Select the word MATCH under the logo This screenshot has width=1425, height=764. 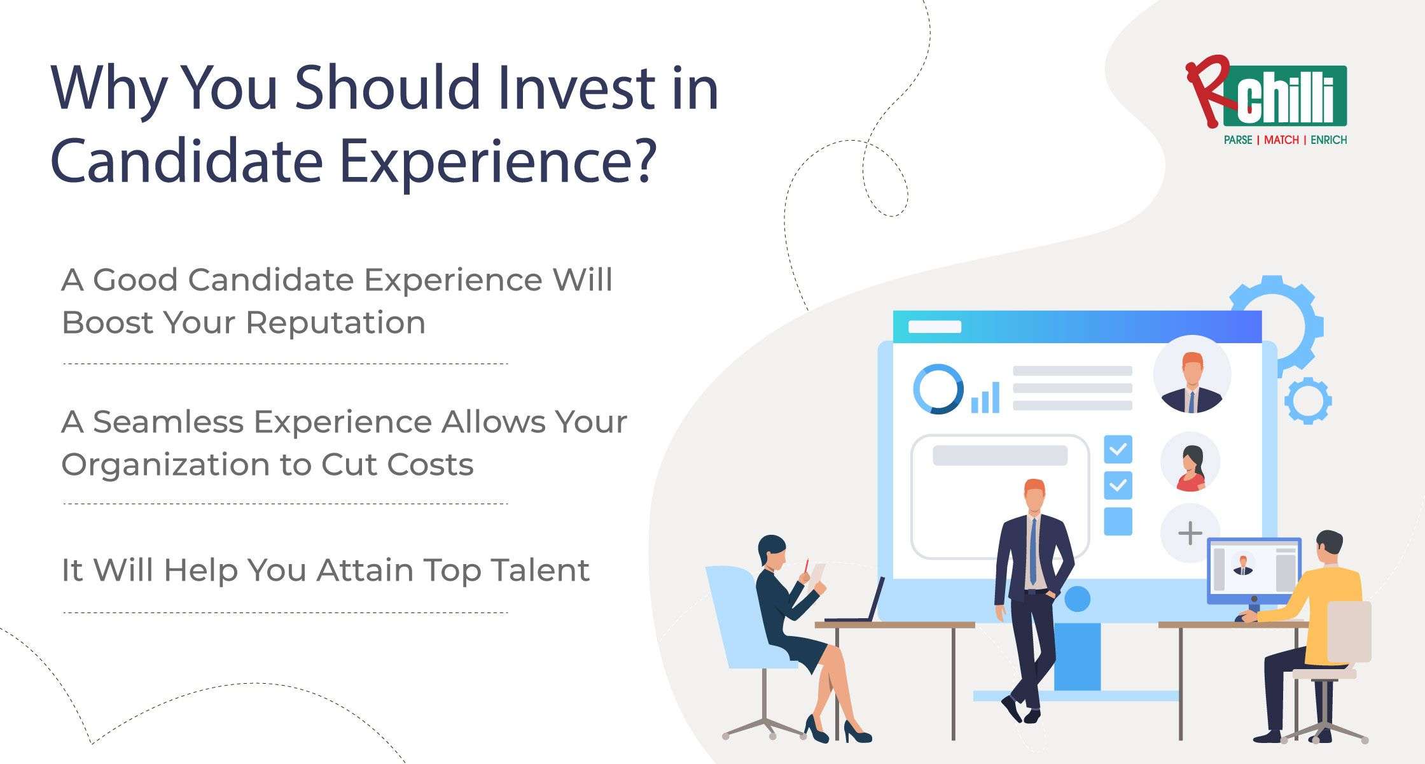1281,140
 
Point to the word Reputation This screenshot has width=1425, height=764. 335,323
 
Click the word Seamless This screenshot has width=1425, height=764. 167,422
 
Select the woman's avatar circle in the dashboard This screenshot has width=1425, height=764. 1190,462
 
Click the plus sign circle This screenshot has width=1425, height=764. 1190,533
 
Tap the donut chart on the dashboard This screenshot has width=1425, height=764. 937,389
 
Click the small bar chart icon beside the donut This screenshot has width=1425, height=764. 985,398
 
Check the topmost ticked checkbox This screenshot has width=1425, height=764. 1118,449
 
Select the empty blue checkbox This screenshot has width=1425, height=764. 1118,521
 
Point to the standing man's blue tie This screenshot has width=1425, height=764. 1033,551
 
